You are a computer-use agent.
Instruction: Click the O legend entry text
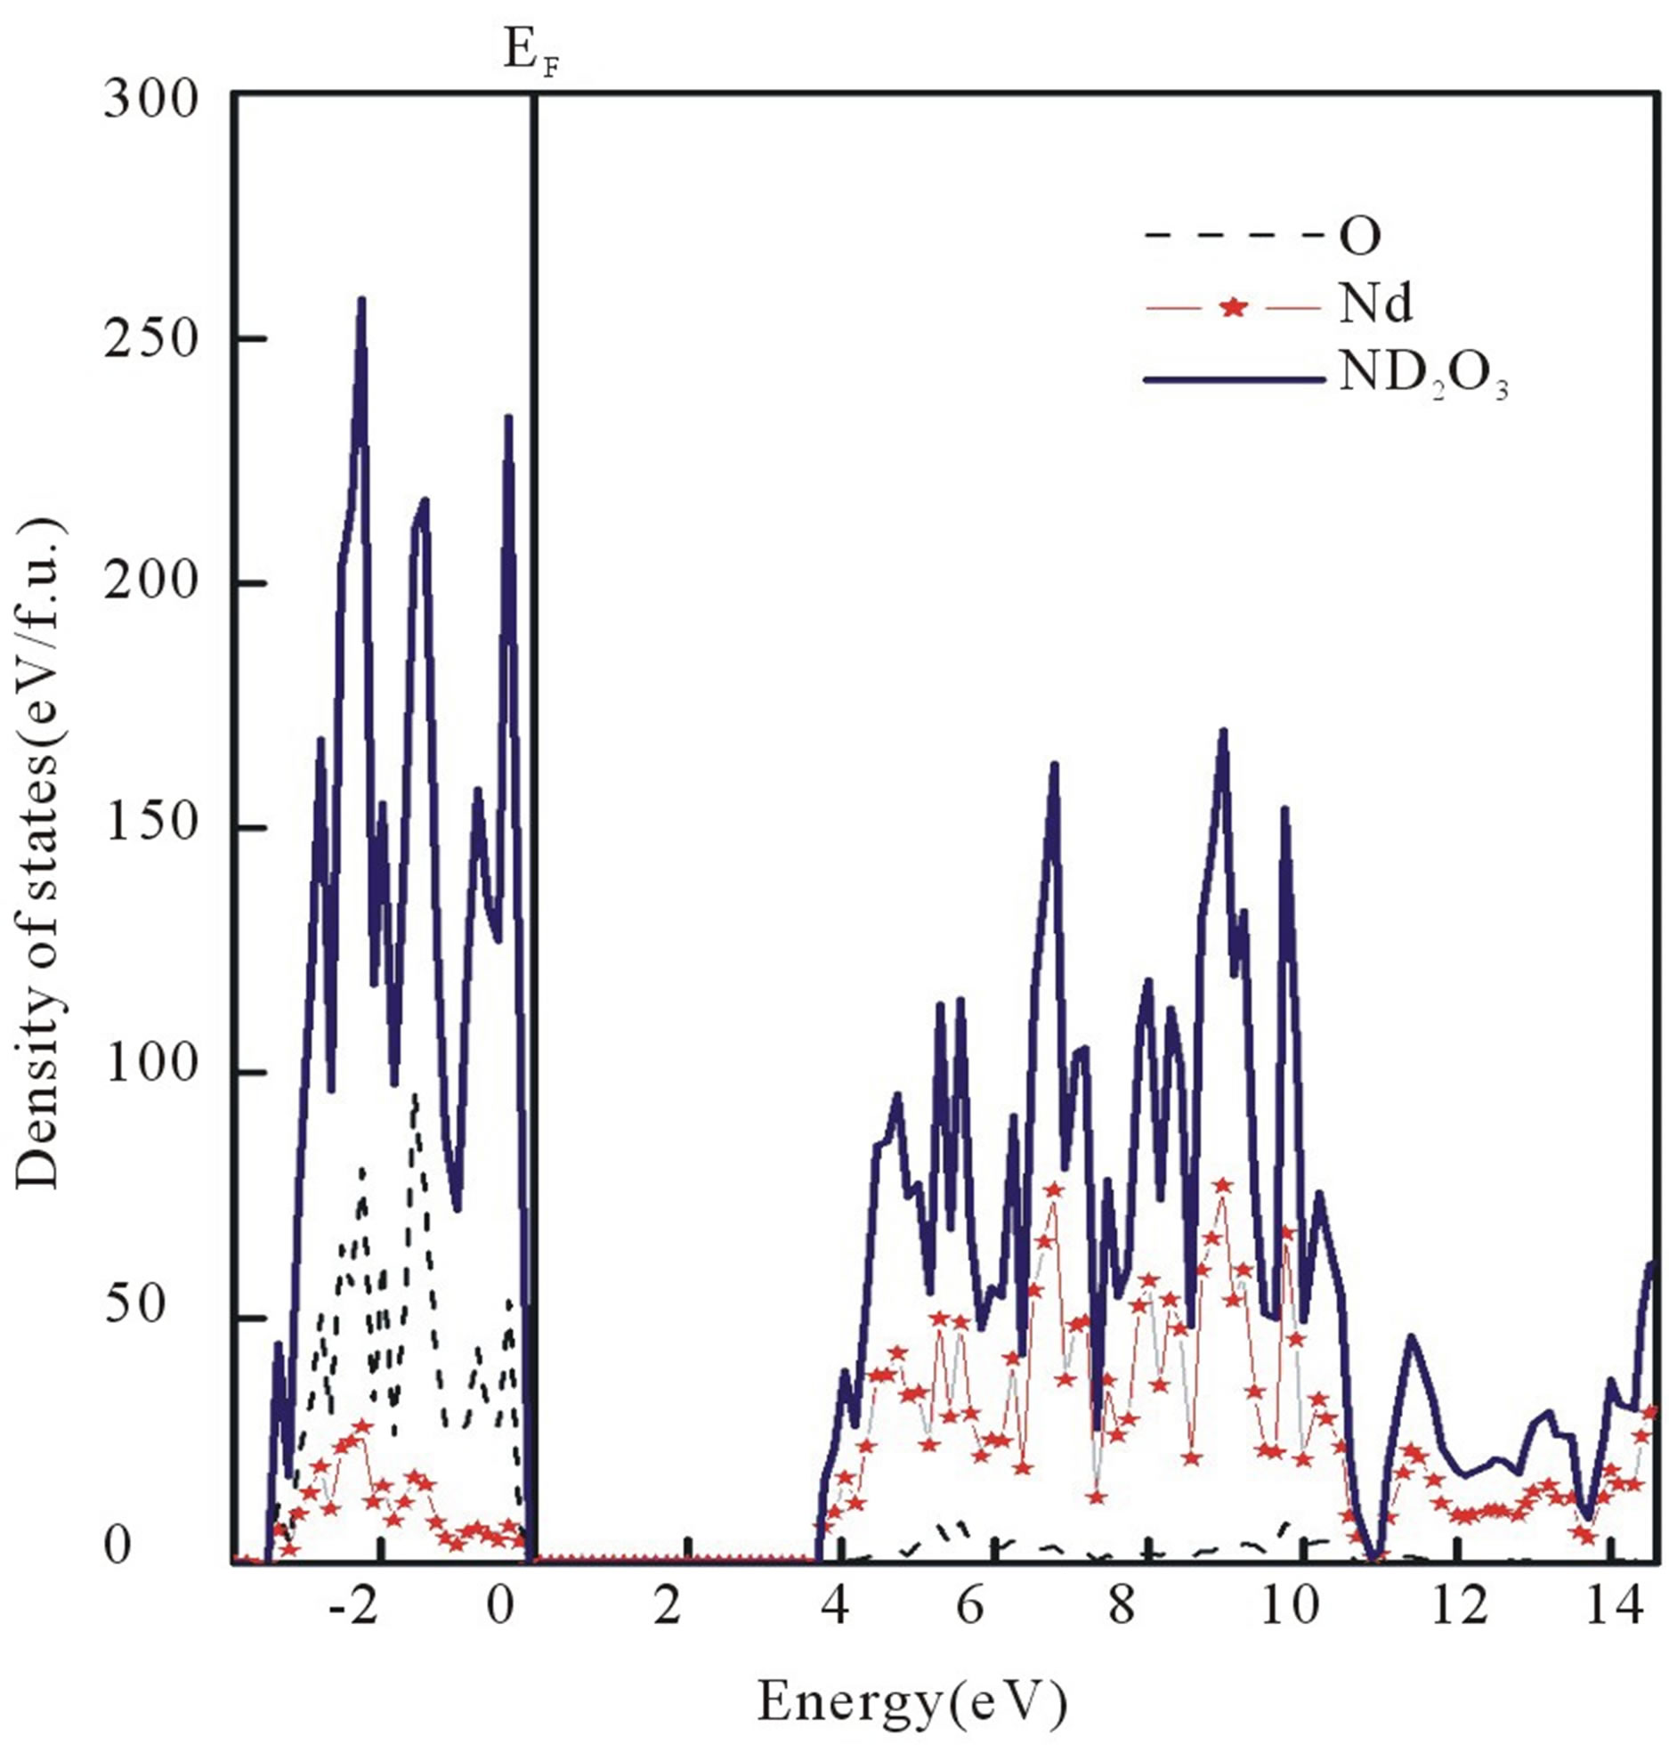[1359, 238]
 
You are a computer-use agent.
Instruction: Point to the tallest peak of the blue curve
[361, 300]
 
